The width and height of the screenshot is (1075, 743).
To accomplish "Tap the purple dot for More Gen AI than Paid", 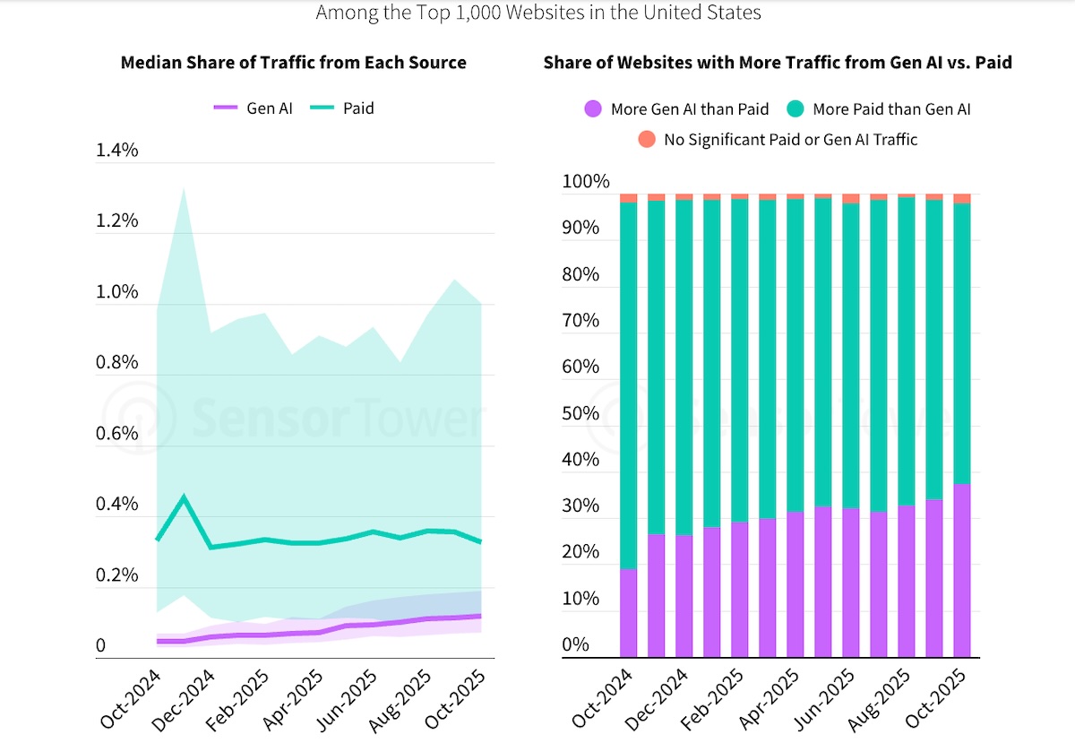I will pos(593,109).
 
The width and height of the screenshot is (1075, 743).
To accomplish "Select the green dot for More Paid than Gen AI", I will pos(795,109).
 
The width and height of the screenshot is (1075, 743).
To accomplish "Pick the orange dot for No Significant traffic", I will pos(646,139).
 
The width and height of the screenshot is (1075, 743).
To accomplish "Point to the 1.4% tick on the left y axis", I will pos(117,150).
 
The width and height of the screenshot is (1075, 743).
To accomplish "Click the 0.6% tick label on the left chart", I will pos(117,433).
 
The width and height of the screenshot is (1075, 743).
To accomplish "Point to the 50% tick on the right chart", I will pos(580,413).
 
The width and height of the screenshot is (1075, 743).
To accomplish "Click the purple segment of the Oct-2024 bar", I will pos(629,613).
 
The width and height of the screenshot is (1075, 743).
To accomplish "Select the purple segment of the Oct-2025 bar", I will pos(962,571).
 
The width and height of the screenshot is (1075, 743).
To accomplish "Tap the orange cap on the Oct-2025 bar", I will pos(962,198).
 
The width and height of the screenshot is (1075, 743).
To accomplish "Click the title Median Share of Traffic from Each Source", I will pos(293,63).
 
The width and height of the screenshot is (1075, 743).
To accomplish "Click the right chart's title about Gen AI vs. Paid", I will pos(778,63).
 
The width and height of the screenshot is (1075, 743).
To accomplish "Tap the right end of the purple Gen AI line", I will pos(480,616).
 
